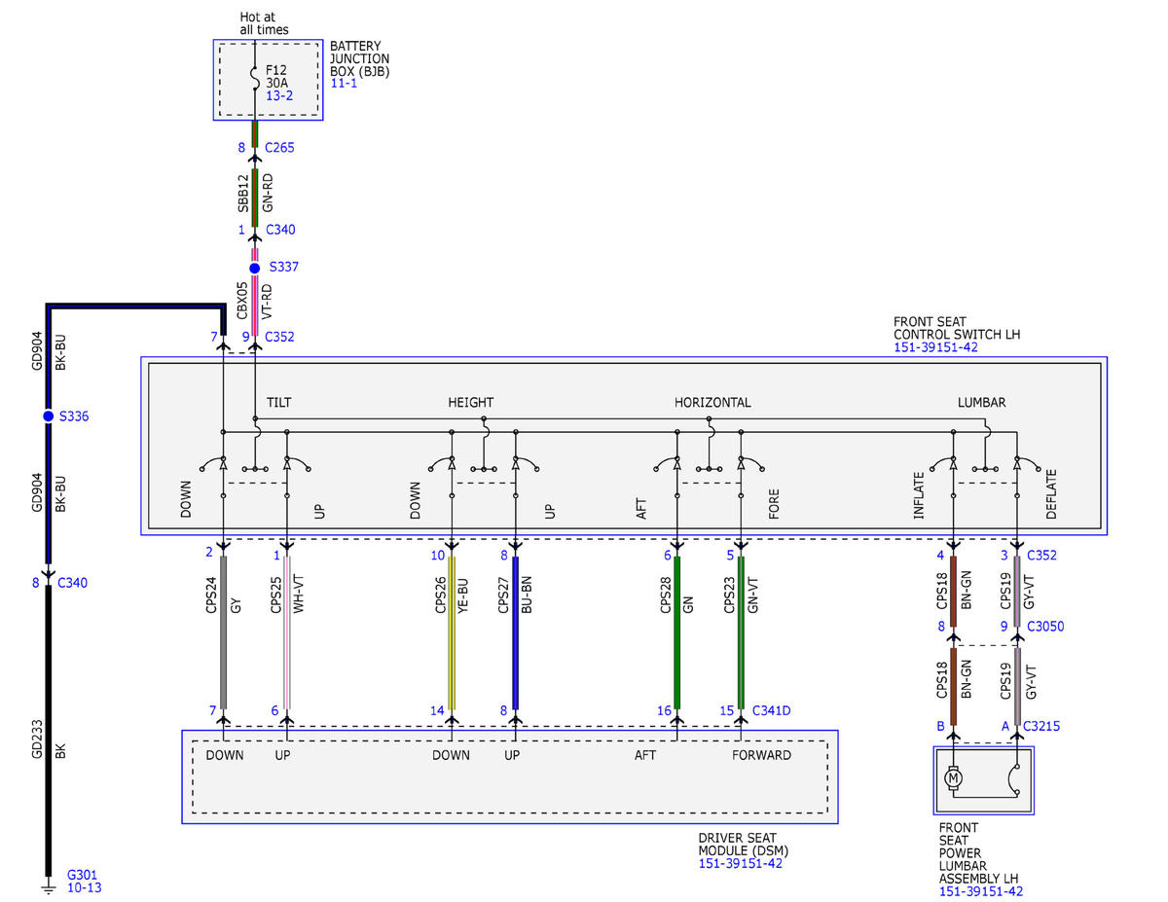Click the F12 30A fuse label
point(276,76)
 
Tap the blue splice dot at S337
point(255,269)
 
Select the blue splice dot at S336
point(49,415)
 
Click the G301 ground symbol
point(49,887)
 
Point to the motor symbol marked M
point(953,777)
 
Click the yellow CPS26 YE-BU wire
point(452,632)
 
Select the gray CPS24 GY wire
point(224,632)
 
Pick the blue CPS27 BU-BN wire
point(516,632)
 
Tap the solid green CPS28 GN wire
point(677,632)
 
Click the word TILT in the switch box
point(279,403)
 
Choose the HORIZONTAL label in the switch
point(712,403)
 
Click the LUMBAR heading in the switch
point(981,403)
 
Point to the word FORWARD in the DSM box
point(761,755)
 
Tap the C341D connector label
point(771,710)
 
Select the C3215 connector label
point(1041,726)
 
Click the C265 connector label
point(279,147)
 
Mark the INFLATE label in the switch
point(919,495)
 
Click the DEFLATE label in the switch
point(1051,494)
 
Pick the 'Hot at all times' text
point(264,23)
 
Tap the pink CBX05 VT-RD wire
point(255,306)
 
